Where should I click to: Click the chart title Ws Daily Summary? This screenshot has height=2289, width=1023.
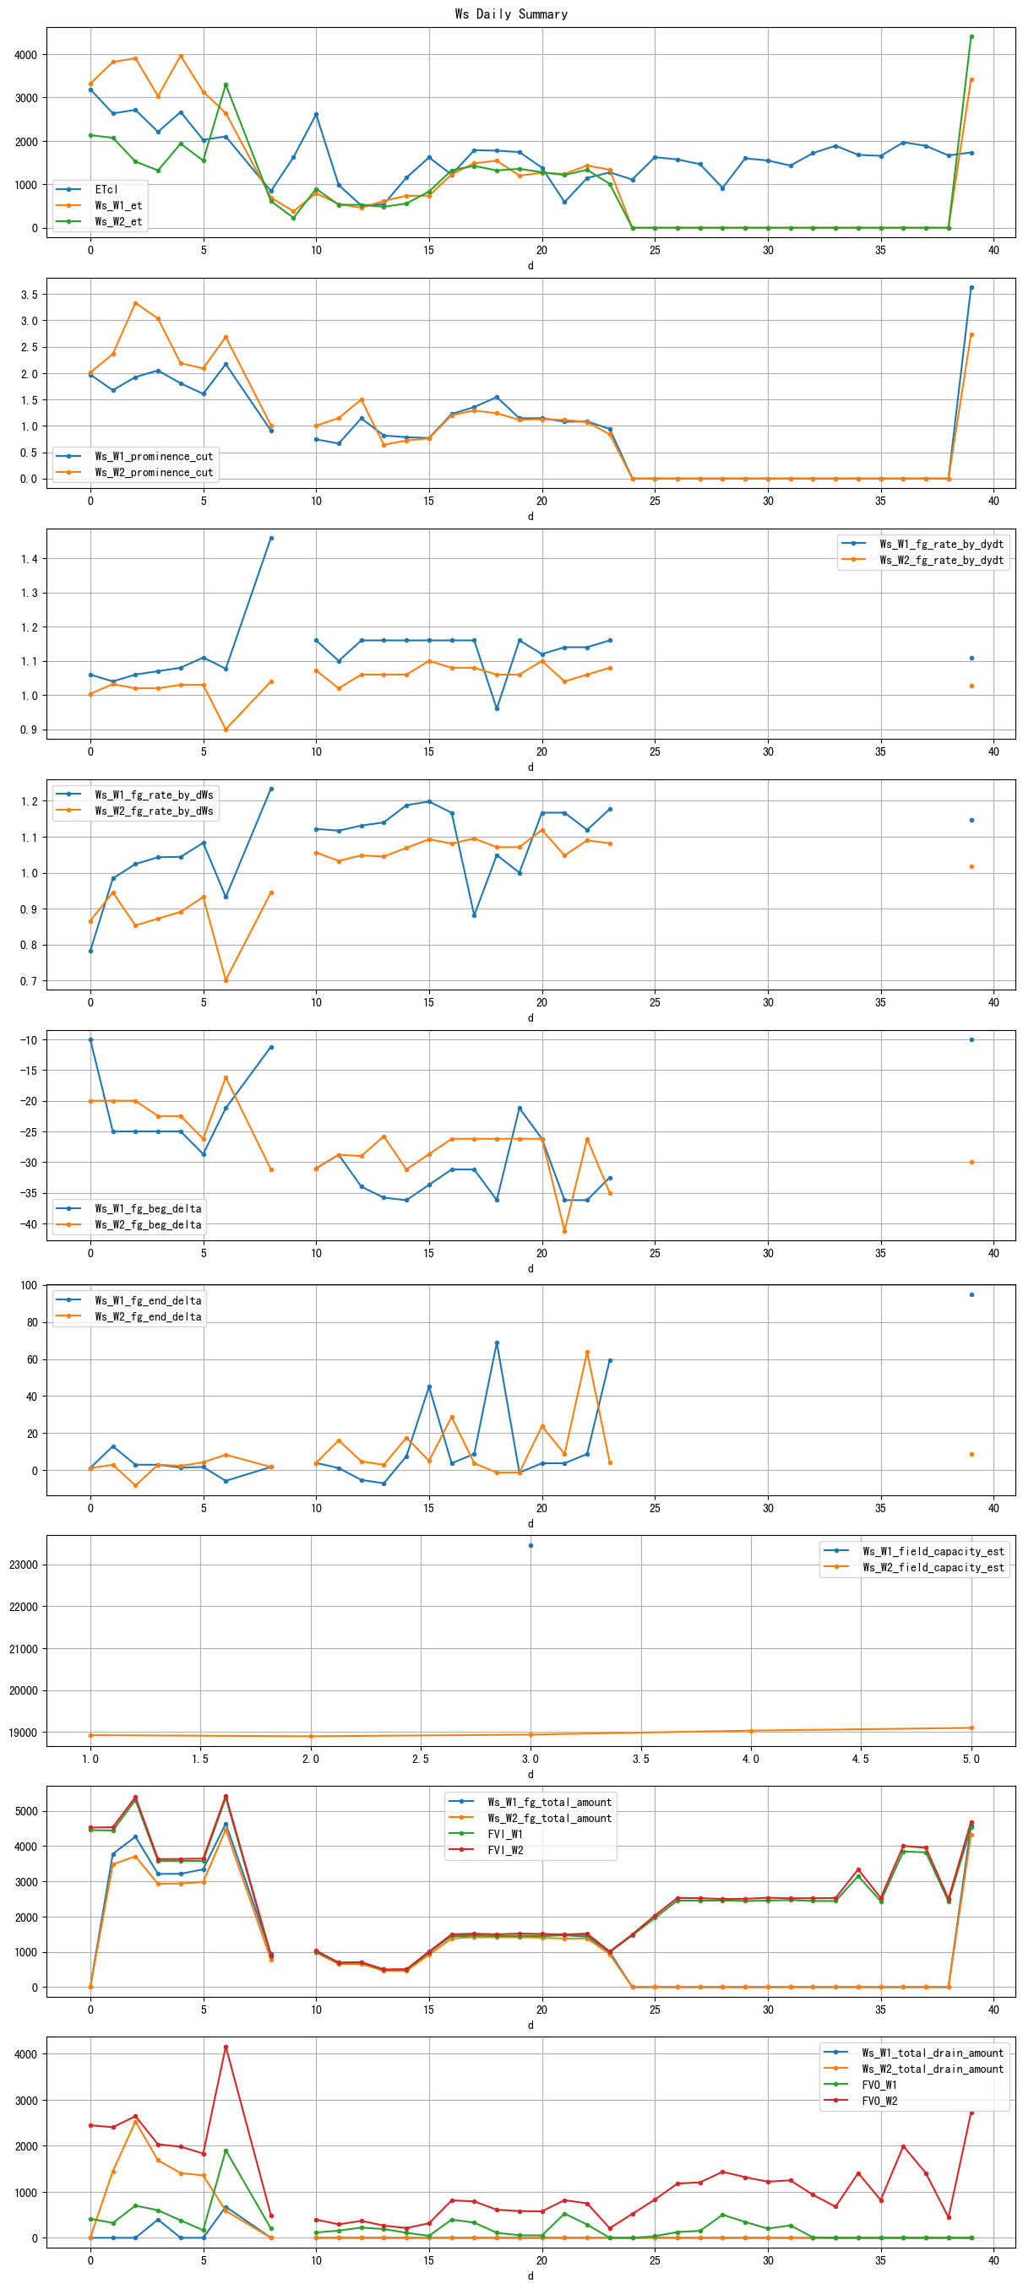(511, 14)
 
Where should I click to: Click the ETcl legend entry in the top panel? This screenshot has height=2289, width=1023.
(106, 189)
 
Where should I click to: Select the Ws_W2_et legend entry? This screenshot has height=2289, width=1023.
(118, 221)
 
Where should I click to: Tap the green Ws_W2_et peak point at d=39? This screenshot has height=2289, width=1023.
(971, 36)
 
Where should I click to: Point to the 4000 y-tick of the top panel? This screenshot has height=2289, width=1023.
(26, 54)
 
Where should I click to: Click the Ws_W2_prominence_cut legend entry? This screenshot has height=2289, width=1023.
(154, 472)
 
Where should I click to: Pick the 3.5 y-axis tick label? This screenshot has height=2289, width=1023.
(30, 294)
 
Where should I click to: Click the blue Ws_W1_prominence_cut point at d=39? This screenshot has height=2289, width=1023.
(971, 287)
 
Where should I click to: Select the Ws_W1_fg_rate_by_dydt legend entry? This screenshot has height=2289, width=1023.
(941, 544)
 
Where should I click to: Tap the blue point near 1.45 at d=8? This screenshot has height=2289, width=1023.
(271, 538)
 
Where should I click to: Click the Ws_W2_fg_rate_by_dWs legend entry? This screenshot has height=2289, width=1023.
(154, 811)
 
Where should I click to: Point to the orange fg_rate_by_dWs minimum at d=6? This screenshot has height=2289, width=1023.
(226, 980)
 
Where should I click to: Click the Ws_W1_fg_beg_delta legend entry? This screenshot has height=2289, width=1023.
(148, 1208)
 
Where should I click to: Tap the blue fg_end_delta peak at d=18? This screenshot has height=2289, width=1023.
(497, 1342)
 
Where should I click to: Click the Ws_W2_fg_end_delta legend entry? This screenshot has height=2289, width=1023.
(148, 1316)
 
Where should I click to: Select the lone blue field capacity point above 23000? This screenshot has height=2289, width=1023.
(531, 1545)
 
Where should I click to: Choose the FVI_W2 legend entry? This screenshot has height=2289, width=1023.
(505, 1850)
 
